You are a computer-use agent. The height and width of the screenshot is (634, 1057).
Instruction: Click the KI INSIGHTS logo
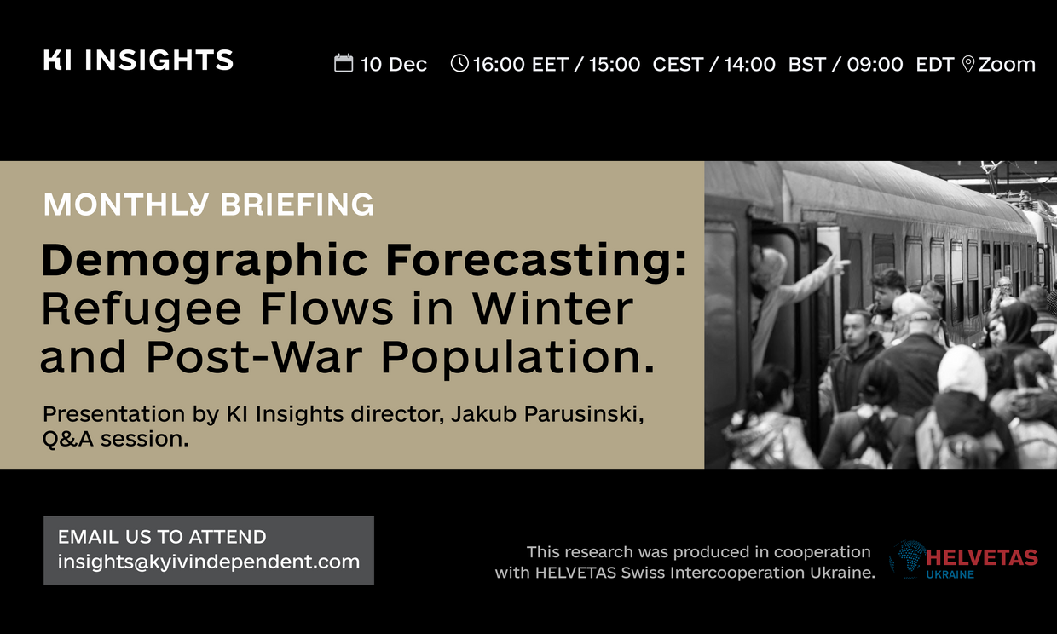pos(138,60)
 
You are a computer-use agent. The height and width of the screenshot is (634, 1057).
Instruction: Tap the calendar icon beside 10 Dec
pos(344,63)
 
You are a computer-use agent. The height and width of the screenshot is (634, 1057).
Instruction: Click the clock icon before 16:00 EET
pos(459,63)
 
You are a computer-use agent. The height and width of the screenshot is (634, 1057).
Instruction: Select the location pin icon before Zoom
pos(967,64)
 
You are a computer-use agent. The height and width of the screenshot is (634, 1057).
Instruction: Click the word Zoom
pos(1007,64)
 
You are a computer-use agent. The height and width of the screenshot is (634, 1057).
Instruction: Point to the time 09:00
pos(875,64)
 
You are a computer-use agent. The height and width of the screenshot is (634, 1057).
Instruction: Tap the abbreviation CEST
pos(678,64)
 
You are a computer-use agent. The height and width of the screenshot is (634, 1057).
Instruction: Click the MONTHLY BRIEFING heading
pos(209,205)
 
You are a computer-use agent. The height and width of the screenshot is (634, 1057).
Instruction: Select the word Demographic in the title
pos(205,261)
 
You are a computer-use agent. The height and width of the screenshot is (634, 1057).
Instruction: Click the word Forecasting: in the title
pos(536,261)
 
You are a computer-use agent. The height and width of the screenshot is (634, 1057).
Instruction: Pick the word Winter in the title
pos(552,308)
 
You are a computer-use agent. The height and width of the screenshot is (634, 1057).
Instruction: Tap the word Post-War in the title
pos(255,356)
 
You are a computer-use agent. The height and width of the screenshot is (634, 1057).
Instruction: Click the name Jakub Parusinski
pos(547,413)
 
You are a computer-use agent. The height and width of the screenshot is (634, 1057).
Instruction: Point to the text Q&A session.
pos(116,439)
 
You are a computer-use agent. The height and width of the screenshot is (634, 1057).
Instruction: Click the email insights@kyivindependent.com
pos(209,562)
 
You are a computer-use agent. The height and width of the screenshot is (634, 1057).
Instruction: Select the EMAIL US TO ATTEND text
pos(162,537)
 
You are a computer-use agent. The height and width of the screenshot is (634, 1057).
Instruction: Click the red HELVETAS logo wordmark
pos(981,558)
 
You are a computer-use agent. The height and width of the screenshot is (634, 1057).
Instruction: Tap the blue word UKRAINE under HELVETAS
pos(950,574)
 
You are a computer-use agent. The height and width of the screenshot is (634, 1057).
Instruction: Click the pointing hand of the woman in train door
pos(839,265)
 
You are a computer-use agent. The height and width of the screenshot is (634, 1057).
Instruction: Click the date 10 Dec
pos(394,64)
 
